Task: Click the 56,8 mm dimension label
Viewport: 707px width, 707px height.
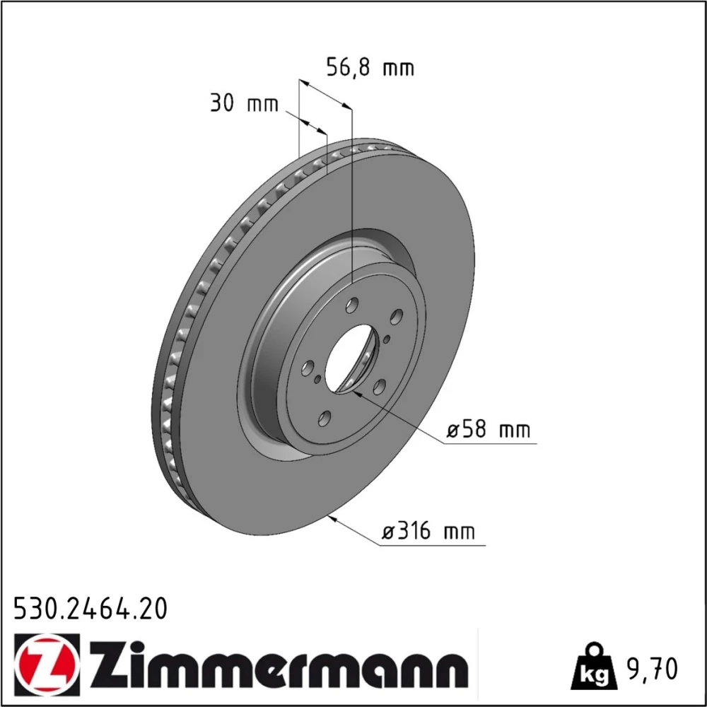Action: pos(370,68)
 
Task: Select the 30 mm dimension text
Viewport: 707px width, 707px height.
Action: pos(245,104)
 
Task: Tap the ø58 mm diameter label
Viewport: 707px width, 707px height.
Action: pos(489,429)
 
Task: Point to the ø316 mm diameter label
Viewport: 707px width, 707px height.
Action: pos(428,531)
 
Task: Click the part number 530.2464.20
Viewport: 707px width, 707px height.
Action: pos(90,609)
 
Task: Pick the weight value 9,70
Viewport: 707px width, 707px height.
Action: pos(650,669)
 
